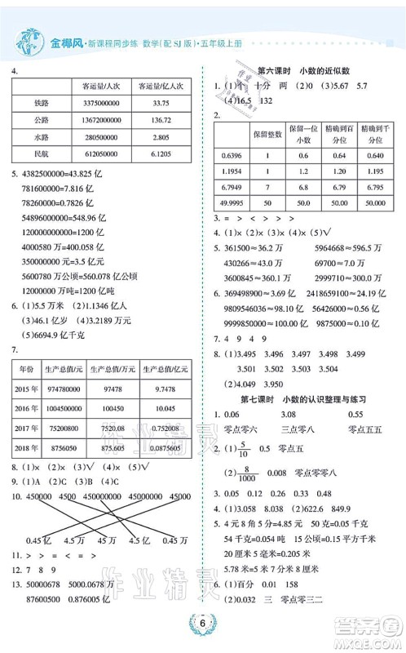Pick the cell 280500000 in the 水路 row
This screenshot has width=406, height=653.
coord(102,137)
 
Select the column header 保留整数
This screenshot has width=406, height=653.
coord(267,131)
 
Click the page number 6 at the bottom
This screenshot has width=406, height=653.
coord(202,623)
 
